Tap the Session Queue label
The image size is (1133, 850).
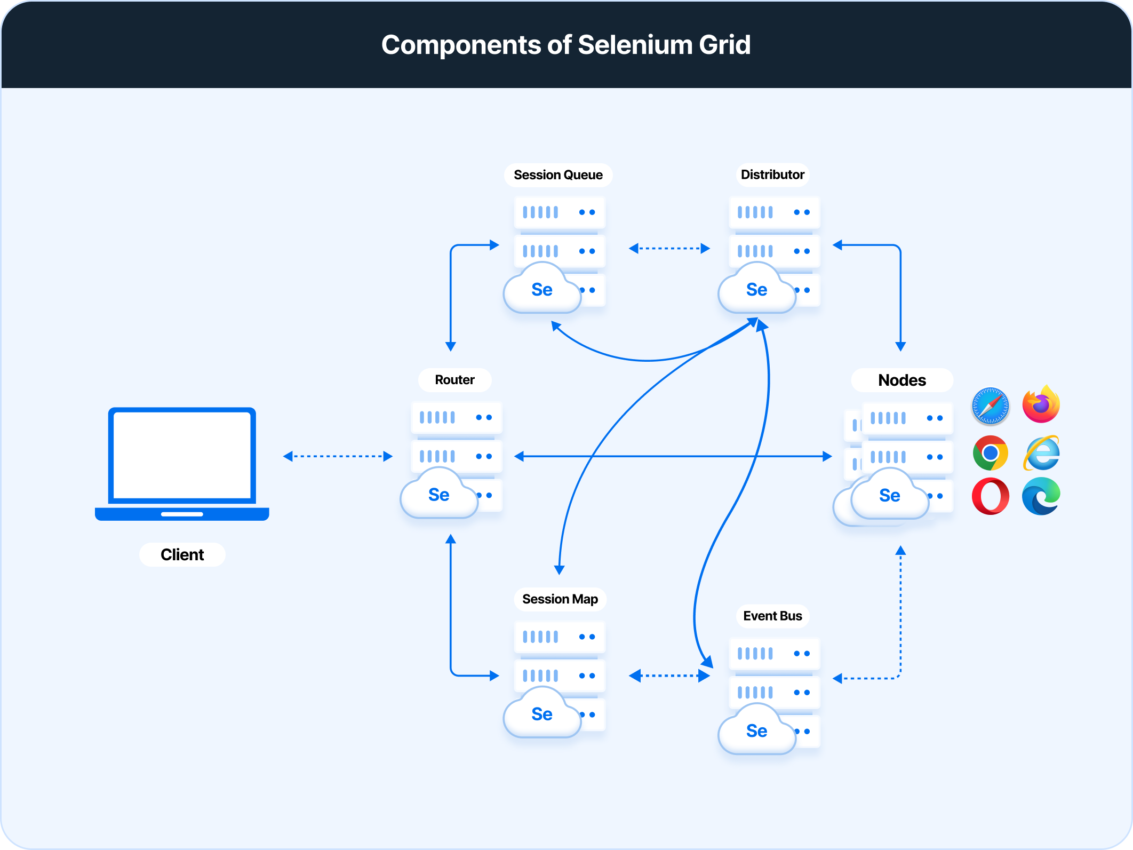point(558,175)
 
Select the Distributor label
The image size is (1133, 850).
point(772,174)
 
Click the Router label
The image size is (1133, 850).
point(454,380)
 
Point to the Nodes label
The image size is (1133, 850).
point(901,380)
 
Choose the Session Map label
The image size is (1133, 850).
point(560,599)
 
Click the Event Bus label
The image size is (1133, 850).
point(772,616)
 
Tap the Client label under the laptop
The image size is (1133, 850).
point(182,555)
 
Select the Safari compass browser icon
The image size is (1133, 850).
point(990,406)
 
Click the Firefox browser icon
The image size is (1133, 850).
point(1041,405)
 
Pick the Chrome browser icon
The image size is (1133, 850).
point(990,453)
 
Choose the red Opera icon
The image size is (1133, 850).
point(990,496)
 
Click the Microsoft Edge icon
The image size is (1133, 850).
point(1041,496)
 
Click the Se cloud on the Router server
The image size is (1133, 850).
point(439,495)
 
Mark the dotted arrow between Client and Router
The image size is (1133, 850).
point(338,456)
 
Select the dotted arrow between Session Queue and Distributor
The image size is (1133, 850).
point(669,248)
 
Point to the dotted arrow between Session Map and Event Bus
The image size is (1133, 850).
point(669,676)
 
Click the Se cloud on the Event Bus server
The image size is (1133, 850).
point(756,730)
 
